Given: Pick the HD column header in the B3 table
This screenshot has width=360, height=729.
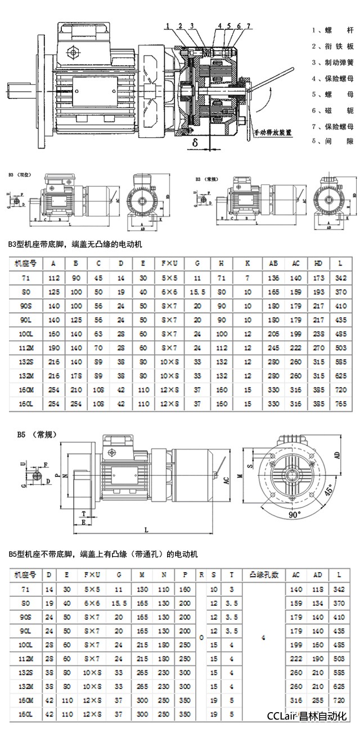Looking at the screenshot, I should (318, 263).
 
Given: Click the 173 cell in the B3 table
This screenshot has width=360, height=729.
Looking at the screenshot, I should (318, 278).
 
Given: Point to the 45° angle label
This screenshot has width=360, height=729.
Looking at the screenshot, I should (328, 489).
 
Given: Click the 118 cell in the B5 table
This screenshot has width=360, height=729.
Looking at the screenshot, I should (318, 589).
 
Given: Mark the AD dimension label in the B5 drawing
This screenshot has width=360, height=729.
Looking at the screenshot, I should (337, 455).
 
